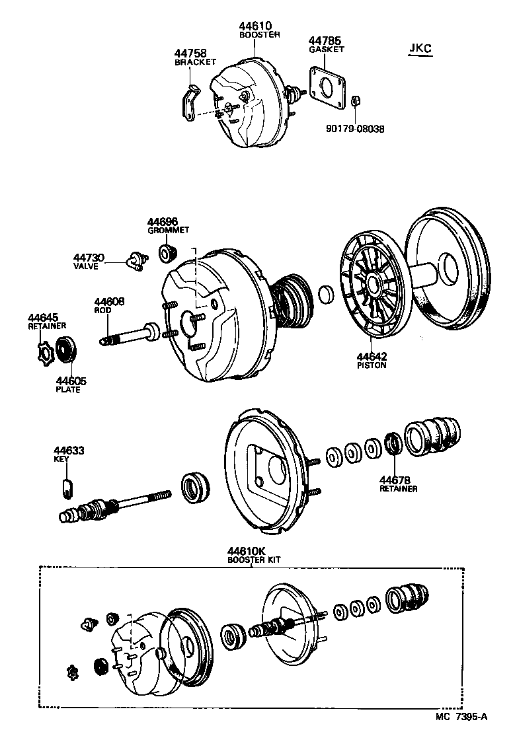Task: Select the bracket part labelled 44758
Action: (188, 101)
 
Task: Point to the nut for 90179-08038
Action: (354, 101)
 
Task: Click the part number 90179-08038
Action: (355, 129)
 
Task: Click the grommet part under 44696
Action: (168, 252)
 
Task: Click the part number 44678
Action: (395, 480)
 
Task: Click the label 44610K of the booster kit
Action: (245, 550)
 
